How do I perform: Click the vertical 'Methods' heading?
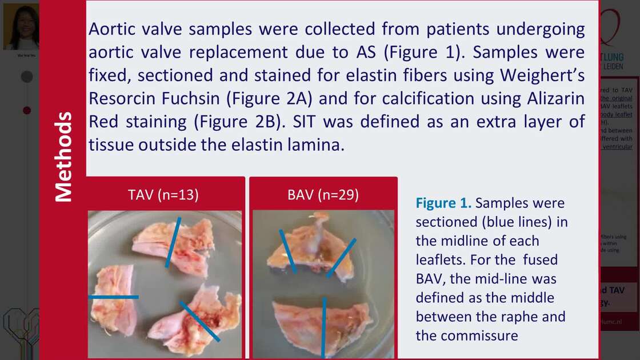(64, 157)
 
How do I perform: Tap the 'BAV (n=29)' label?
(323, 195)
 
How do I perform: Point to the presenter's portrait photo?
(21, 27)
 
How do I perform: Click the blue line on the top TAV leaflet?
(173, 242)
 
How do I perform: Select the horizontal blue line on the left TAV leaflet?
(113, 297)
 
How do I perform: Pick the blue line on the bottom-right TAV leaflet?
(200, 321)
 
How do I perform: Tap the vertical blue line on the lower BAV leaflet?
(324, 326)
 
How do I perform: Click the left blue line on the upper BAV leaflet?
(287, 251)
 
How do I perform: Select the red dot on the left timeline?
(27, 110)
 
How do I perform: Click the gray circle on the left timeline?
(27, 77)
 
